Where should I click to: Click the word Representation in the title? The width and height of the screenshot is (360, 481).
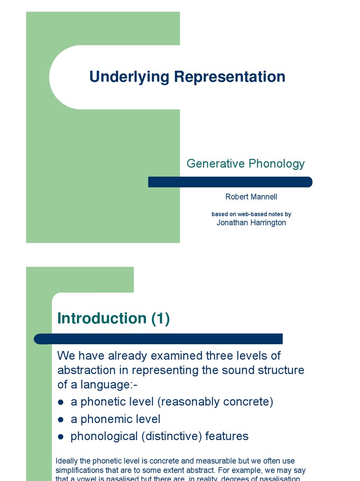pyautogui.click(x=229, y=77)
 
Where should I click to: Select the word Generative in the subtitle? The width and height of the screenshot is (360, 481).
pyautogui.click(x=216, y=163)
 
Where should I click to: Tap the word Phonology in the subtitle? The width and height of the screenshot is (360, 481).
pyautogui.click(x=277, y=163)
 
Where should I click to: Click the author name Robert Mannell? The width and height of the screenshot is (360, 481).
pyautogui.click(x=251, y=197)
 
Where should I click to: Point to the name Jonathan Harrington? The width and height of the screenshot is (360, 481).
pyautogui.click(x=251, y=223)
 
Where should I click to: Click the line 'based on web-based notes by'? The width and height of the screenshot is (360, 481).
pyautogui.click(x=251, y=214)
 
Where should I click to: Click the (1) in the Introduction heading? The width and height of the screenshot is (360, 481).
pyautogui.click(x=160, y=318)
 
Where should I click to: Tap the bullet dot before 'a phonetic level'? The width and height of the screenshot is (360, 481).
pyautogui.click(x=60, y=403)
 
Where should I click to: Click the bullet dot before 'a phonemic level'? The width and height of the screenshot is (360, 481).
pyautogui.click(x=60, y=420)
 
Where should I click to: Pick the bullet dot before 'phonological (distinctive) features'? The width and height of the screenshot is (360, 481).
pyautogui.click(x=60, y=437)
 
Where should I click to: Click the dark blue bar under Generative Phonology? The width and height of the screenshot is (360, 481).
pyautogui.click(x=230, y=182)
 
